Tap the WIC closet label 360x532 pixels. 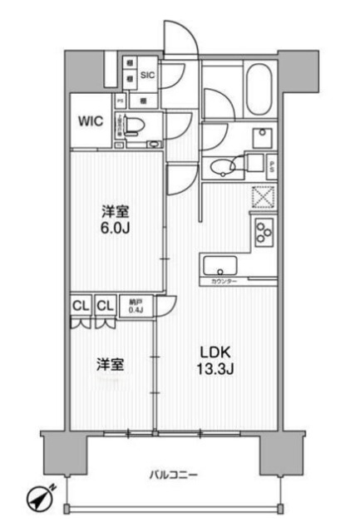click(x=91, y=121)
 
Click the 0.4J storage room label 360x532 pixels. click(x=135, y=306)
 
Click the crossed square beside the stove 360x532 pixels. click(x=264, y=198)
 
